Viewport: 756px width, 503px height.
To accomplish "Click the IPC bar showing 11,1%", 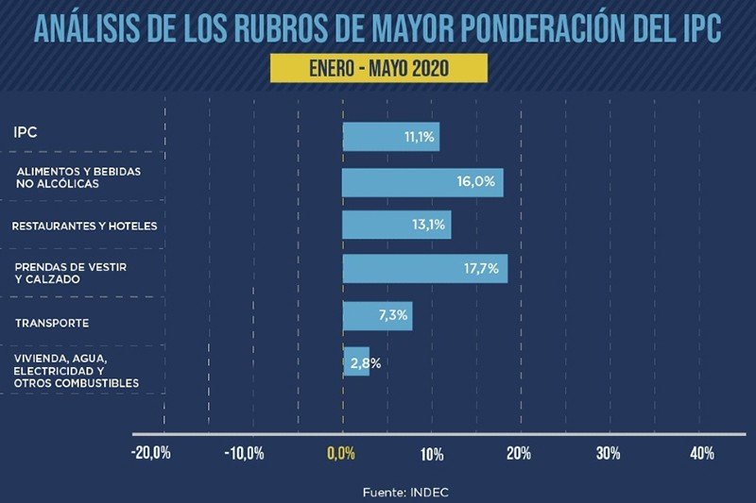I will (378, 137).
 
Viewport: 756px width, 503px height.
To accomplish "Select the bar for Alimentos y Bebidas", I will (406, 182).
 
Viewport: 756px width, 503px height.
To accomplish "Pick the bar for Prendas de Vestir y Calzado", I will (406, 269).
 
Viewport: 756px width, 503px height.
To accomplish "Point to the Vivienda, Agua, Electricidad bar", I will (355, 362).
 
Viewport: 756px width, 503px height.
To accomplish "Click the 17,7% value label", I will (480, 269).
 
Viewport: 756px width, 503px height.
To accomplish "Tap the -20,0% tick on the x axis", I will (151, 454).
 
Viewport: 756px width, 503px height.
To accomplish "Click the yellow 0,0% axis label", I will (341, 454).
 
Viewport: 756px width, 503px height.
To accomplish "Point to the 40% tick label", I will (702, 454).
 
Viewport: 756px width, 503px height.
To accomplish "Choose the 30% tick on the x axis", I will (609, 454).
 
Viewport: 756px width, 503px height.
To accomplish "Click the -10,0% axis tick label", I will (244, 454).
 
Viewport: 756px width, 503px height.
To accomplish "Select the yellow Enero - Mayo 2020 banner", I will (378, 68).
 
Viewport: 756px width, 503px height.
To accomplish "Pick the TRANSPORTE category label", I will (52, 323).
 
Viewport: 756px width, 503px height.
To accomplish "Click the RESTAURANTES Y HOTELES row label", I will (84, 226).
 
